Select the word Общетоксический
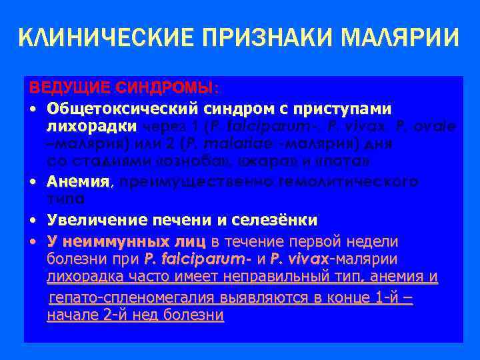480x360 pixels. [121, 108]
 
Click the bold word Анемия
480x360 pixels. [77, 182]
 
